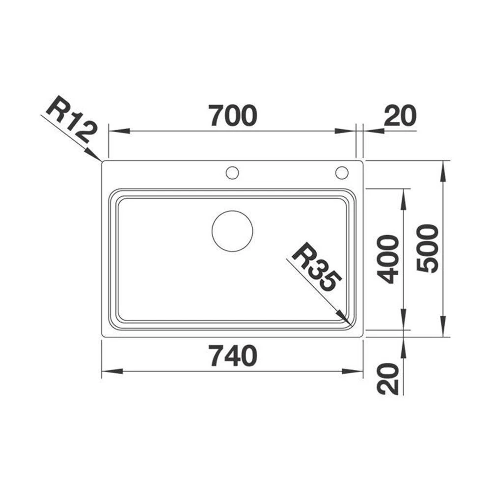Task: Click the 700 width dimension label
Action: (233, 115)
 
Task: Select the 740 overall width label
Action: (234, 355)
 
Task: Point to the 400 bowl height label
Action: (388, 259)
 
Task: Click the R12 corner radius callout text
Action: (70, 119)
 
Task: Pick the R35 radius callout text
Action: (316, 267)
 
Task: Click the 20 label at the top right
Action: (401, 115)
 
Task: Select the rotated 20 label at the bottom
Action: (388, 379)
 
